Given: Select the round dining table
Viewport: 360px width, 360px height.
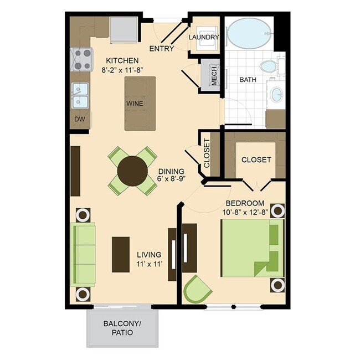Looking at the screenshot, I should pyautogui.click(x=133, y=171).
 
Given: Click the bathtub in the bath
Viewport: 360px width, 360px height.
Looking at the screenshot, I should pyautogui.click(x=249, y=35).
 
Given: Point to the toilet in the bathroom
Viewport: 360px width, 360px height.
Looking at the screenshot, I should pyautogui.click(x=269, y=66).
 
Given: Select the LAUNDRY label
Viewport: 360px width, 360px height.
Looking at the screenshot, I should pyautogui.click(x=204, y=37).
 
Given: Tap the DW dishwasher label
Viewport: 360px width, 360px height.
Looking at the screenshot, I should pyautogui.click(x=79, y=119).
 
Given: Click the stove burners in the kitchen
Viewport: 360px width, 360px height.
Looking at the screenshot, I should pyautogui.click(x=81, y=60).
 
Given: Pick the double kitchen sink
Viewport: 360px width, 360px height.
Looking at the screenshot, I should pyautogui.click(x=80, y=95).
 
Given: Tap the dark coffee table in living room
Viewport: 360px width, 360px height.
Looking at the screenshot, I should pyautogui.click(x=120, y=254).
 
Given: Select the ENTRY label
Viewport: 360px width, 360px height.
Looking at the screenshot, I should pyautogui.click(x=162, y=49).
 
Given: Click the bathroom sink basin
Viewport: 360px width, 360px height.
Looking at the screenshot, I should pyautogui.click(x=275, y=95).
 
